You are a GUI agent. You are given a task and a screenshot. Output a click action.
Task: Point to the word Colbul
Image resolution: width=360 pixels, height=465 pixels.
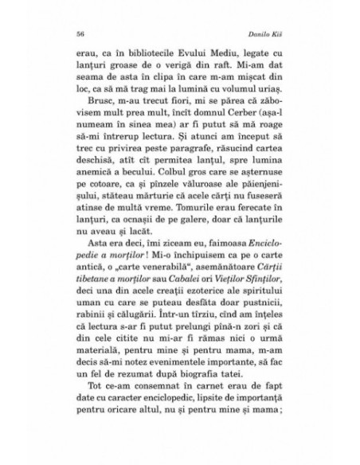tap(151, 197)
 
